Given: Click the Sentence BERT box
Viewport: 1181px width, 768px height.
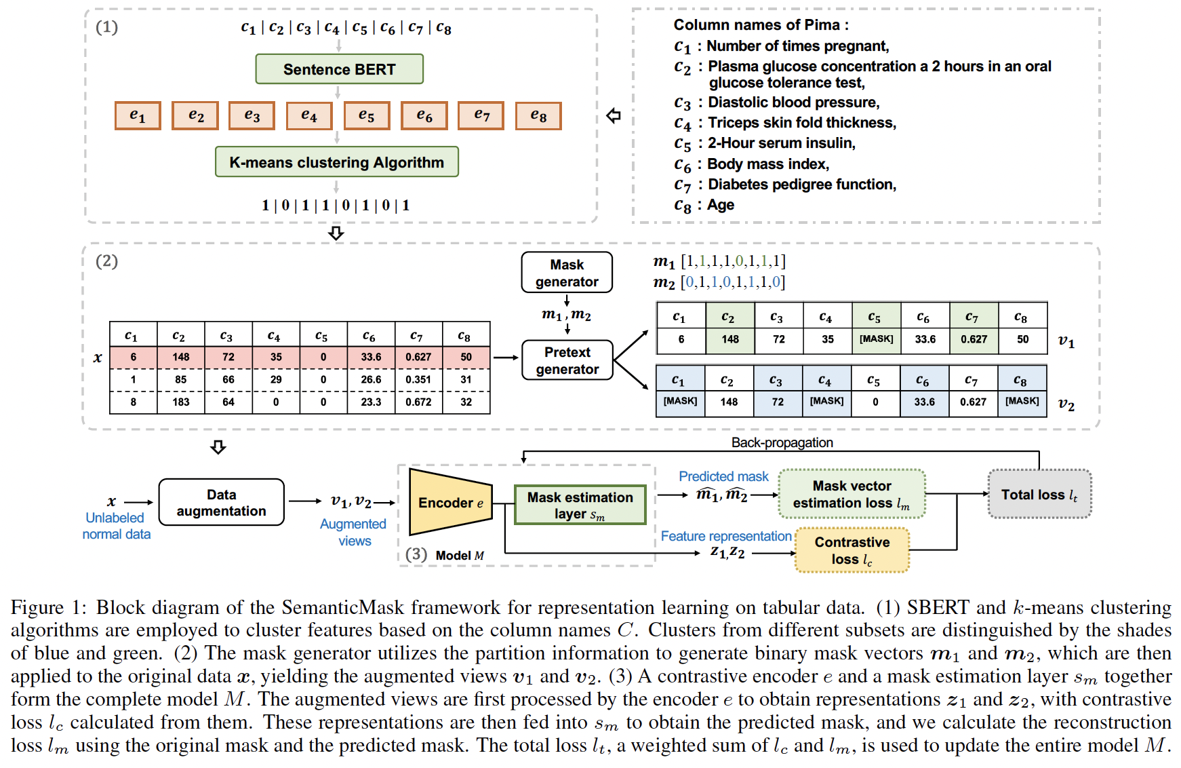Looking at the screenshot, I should click(339, 69).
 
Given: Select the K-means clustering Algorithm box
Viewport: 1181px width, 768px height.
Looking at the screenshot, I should click(336, 162).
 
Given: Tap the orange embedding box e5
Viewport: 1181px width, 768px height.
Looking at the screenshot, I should click(367, 116).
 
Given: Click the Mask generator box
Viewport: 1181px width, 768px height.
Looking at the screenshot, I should click(567, 273).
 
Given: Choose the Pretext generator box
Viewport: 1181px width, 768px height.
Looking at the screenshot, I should click(567, 360).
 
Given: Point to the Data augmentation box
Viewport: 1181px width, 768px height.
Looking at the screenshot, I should click(221, 503).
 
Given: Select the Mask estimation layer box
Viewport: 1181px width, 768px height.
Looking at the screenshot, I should click(580, 505).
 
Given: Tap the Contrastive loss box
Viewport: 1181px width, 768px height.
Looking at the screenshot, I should click(852, 550).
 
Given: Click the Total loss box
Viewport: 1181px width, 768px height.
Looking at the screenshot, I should click(1039, 495).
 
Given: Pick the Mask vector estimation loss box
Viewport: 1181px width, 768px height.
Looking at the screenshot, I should click(852, 495).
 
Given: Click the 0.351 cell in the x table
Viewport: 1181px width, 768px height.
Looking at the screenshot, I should click(418, 380).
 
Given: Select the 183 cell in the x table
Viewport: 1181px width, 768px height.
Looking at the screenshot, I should click(181, 402).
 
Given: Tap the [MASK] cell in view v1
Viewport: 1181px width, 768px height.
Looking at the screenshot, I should click(876, 339).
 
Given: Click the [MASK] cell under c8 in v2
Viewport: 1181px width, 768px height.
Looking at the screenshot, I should click(1022, 402).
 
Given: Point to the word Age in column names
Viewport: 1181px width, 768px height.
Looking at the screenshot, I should click(721, 205).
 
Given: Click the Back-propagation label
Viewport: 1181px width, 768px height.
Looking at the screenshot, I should click(782, 442).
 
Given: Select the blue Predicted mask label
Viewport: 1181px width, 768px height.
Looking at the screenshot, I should click(723, 476).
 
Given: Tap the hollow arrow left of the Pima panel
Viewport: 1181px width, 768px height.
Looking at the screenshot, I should click(614, 116).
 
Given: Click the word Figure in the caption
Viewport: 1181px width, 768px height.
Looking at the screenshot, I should click(37, 608).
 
